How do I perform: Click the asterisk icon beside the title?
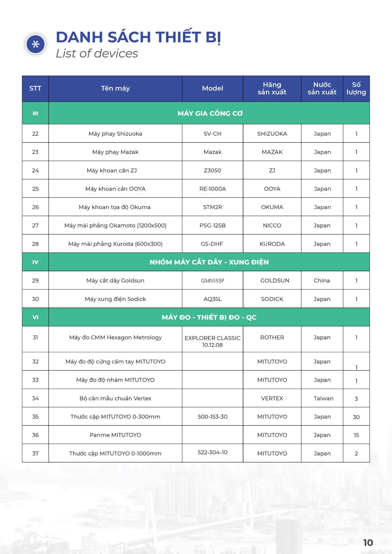(36, 44)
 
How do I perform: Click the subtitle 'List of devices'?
(97, 54)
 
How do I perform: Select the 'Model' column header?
(212, 88)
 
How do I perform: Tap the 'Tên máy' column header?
(115, 88)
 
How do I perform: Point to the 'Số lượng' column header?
(356, 88)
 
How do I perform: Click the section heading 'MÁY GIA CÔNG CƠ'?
(210, 113)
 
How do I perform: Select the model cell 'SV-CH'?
(212, 134)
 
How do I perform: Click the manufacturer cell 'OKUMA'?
(272, 207)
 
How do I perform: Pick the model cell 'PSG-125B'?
(212, 225)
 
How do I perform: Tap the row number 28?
(35, 244)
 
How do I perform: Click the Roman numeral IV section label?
(35, 262)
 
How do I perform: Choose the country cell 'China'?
(322, 280)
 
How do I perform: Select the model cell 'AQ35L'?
(212, 299)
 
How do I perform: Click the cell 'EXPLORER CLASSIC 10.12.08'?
(212, 341)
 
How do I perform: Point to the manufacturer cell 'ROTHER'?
(272, 337)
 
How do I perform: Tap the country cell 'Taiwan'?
(323, 398)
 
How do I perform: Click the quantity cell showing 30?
(356, 417)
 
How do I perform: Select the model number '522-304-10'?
(212, 452)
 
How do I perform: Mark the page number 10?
(368, 543)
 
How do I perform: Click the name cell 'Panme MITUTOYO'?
(115, 435)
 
